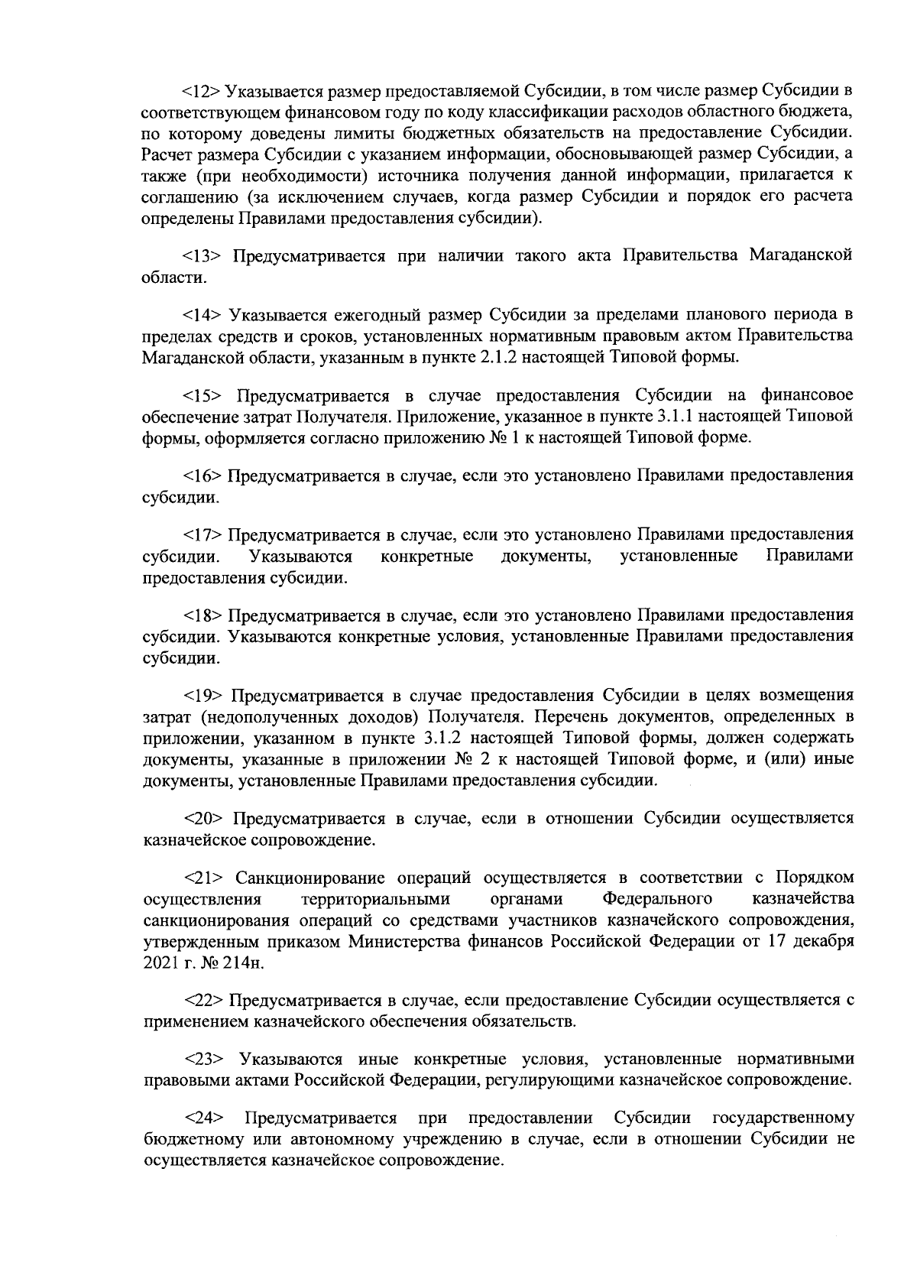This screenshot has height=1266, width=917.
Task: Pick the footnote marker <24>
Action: point(203,1118)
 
